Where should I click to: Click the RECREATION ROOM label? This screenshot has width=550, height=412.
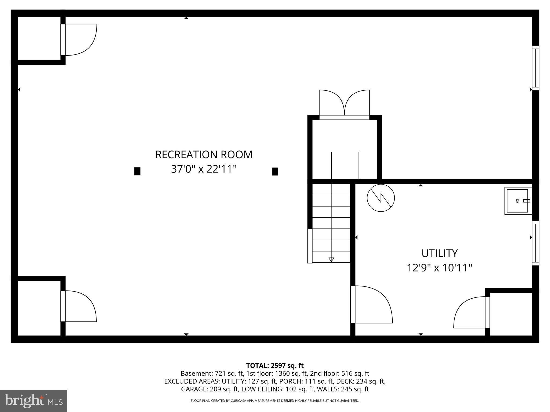(x=204, y=155)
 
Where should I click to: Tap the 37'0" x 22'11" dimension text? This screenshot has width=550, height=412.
(x=204, y=169)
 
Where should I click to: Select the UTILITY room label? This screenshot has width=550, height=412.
(x=439, y=253)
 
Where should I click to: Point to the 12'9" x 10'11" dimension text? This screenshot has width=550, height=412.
(x=439, y=268)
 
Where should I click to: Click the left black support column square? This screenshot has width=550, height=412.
(x=137, y=171)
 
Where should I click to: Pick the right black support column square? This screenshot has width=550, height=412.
(x=275, y=171)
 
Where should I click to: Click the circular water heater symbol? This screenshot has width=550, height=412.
(x=381, y=198)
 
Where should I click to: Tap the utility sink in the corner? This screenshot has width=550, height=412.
(x=518, y=201)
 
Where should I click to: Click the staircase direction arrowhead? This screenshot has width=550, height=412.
(x=331, y=260)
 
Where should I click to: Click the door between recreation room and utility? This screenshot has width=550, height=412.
(x=372, y=304)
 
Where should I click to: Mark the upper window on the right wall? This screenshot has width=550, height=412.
(x=535, y=68)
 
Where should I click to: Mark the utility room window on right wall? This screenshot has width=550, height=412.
(x=535, y=243)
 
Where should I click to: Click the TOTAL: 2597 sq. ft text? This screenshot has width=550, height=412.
(x=275, y=366)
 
